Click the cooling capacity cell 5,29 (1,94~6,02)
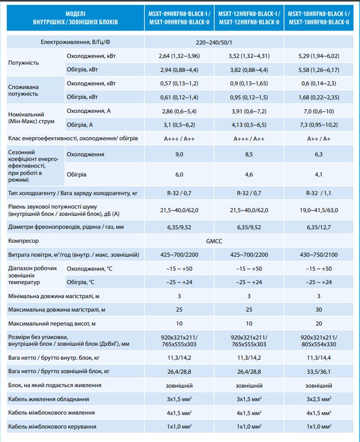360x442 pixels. [319, 55]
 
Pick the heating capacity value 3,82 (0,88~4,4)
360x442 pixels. [249, 69]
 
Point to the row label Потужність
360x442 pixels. [20, 62]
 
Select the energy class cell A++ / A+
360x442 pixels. [319, 138]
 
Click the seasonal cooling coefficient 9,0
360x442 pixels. [179, 154]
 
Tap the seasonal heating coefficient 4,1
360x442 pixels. [319, 174]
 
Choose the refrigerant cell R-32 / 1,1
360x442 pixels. [319, 193]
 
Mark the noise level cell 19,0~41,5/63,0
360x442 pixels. [319, 210]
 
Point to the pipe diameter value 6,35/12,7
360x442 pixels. [319, 227]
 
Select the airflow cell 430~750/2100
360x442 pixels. [319, 255]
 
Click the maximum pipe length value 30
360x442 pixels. [319, 310]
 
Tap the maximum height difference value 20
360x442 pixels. [319, 323]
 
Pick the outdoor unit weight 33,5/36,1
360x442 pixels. [319, 371]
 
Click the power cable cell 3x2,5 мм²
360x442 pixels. [319, 399]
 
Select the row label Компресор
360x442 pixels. [24, 241]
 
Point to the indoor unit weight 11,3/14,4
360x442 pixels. [319, 357]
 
